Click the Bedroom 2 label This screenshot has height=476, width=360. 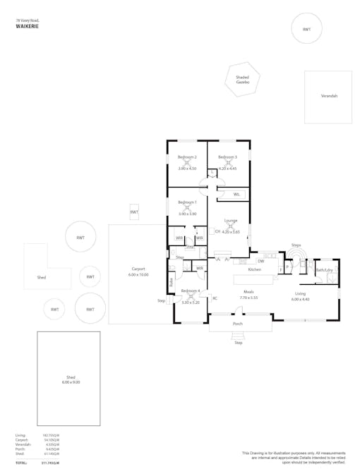[187, 157]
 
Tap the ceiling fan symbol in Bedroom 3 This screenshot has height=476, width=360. [227, 163]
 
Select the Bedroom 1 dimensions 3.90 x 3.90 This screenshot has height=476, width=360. [187, 214]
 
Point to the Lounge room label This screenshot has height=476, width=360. [231, 220]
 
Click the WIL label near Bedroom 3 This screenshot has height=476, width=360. [236, 194]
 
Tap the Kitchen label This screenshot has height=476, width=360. [255, 269]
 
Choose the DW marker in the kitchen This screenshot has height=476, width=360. [260, 261]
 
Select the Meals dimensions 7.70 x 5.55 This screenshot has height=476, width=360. [248, 298]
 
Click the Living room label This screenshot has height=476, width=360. [301, 293]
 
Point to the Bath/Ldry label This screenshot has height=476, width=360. [324, 270]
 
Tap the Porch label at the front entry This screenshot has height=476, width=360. [239, 324]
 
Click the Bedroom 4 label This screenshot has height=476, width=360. [191, 291]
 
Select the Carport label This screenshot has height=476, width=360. [138, 269]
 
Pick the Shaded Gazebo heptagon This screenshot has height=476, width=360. [243, 80]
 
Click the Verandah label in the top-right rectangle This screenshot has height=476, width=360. [329, 95]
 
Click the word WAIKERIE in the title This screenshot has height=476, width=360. [27, 26]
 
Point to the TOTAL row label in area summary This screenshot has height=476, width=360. [21, 463]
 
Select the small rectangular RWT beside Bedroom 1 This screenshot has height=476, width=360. [134, 212]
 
